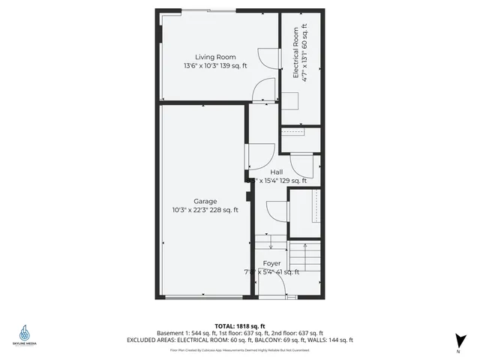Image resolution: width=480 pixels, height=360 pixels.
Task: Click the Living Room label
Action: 215,57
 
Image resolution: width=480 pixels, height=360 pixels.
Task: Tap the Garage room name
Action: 205,201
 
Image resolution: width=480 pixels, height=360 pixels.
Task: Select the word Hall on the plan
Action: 277,172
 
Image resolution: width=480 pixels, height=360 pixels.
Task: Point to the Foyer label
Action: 271,264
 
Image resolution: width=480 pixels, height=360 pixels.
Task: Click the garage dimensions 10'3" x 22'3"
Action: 205,210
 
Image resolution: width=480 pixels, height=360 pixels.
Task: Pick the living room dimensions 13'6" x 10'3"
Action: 215,66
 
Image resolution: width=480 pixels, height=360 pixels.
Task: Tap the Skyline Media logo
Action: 26,335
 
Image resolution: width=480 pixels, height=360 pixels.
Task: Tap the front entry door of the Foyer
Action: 274,298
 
